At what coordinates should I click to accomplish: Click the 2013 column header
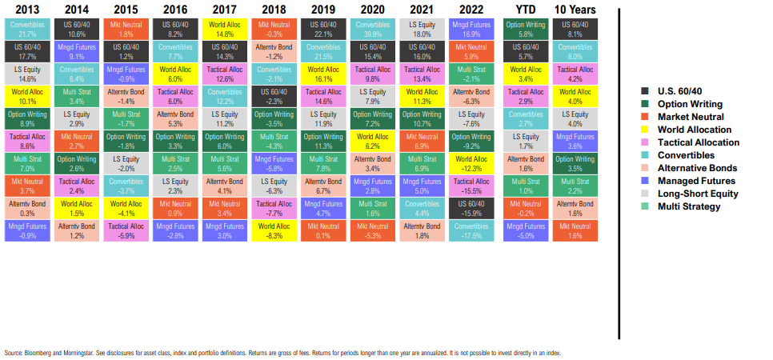click(27, 10)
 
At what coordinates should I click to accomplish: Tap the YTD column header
click(525, 10)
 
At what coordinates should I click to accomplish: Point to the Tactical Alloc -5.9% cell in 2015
click(126, 232)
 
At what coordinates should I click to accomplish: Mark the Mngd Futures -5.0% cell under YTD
click(525, 232)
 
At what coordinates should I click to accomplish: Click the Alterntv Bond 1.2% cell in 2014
click(77, 232)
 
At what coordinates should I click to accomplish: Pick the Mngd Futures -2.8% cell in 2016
click(175, 232)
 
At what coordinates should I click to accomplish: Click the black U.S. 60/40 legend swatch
click(646, 91)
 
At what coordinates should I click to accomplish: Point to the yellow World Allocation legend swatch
click(646, 130)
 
